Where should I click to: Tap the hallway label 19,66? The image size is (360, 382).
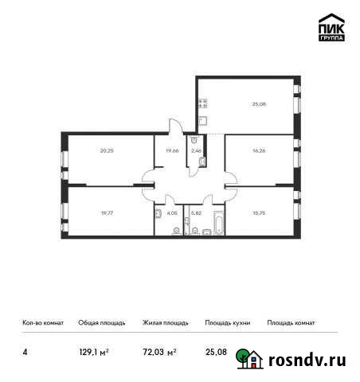coord(171,149)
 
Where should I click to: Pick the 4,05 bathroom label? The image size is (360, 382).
coord(172,212)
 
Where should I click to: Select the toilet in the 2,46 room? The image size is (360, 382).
coord(202,162)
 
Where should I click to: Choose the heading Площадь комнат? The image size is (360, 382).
coord(292,322)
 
